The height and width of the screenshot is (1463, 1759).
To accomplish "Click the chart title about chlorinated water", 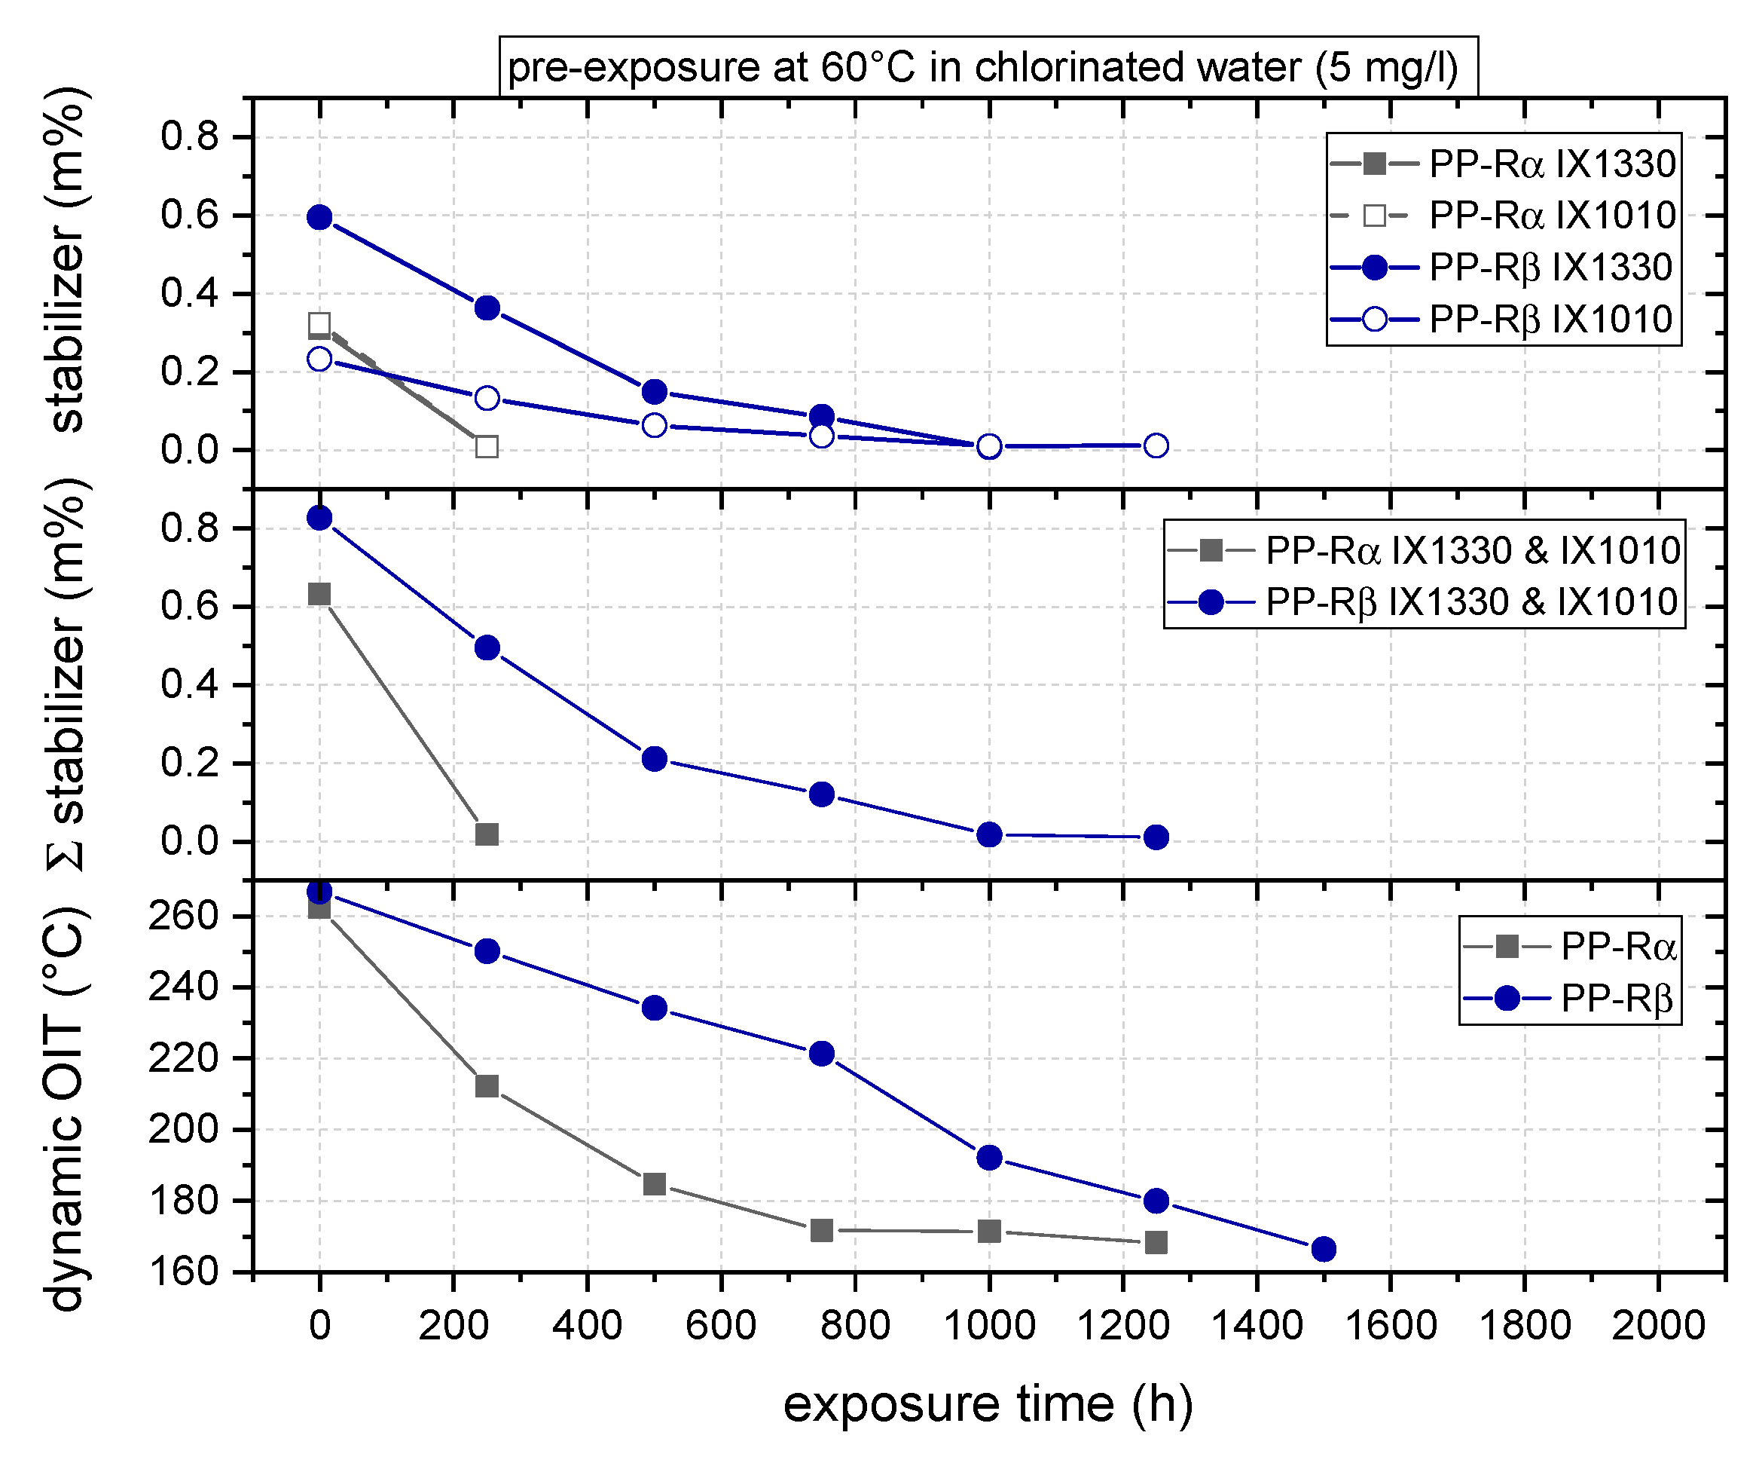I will tap(988, 67).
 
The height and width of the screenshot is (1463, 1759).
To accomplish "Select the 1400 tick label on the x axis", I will tap(1257, 1326).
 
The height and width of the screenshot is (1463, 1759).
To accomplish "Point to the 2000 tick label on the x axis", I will tap(1657, 1326).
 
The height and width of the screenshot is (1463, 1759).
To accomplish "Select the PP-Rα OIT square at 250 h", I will tap(487, 1086).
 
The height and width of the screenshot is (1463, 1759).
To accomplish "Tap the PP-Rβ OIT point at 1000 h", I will tap(989, 1158).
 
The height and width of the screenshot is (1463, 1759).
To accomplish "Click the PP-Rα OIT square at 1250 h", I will tap(1156, 1242).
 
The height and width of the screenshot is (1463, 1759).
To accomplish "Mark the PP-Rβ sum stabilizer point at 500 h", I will tap(654, 759).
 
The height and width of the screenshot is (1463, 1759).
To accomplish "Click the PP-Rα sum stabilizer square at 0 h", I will tap(319, 594).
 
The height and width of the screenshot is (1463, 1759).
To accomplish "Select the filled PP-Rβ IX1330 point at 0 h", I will tap(319, 217).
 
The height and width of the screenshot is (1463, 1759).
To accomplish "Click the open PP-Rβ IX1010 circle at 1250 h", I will tap(1156, 445).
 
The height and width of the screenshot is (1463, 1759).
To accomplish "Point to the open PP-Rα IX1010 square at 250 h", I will tap(487, 447).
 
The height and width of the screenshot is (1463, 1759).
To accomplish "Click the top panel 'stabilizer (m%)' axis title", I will tap(66, 260).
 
